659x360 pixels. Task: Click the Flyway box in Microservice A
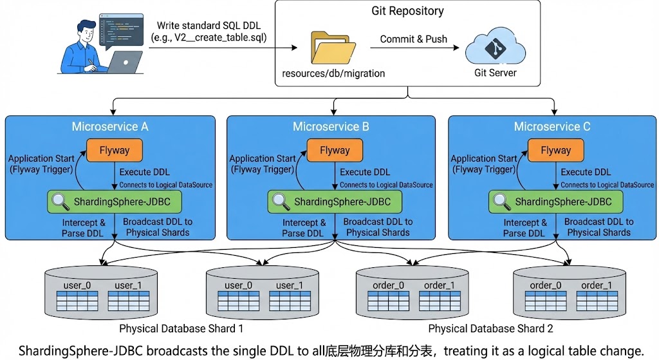click(114, 151)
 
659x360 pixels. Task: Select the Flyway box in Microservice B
click(335, 151)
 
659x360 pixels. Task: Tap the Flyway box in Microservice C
click(555, 151)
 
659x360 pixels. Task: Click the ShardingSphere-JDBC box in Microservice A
click(115, 202)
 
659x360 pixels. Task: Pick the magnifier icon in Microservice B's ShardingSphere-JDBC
click(281, 202)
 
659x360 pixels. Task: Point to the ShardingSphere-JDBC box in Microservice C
click(556, 202)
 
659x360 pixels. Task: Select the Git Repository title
click(407, 11)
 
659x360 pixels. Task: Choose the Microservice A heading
click(110, 126)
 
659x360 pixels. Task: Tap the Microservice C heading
click(552, 126)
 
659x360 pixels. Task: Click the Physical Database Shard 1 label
click(181, 329)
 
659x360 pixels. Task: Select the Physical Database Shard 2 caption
click(491, 329)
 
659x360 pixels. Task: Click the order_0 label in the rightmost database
click(546, 285)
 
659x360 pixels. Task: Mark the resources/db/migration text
click(333, 73)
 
